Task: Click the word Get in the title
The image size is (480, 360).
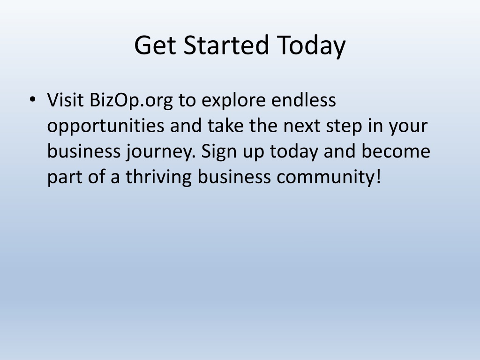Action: [155, 45]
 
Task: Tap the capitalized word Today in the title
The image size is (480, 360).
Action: [311, 46]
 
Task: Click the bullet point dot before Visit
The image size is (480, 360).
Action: [32, 99]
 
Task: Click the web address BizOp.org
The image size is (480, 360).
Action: [131, 101]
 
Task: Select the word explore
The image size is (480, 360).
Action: [233, 101]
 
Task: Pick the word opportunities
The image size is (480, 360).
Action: [105, 126]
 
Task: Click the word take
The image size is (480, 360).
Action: [225, 125]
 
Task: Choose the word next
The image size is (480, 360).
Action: [301, 126]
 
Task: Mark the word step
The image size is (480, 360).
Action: [344, 127]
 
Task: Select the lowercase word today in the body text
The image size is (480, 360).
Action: [294, 152]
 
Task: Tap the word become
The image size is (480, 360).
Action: [396, 151]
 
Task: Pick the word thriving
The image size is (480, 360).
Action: [158, 178]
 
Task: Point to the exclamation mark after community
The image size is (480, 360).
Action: [378, 177]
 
